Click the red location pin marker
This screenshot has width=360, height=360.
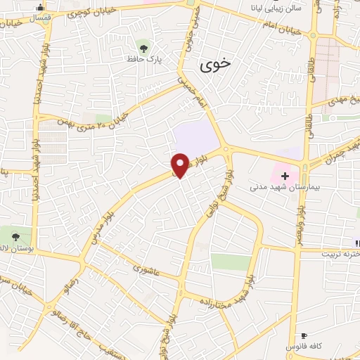click(181, 165)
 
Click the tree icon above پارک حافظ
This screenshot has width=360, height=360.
click(144, 48)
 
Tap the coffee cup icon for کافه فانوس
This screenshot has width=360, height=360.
click(304, 335)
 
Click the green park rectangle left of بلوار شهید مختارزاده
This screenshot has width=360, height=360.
click(231, 262)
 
